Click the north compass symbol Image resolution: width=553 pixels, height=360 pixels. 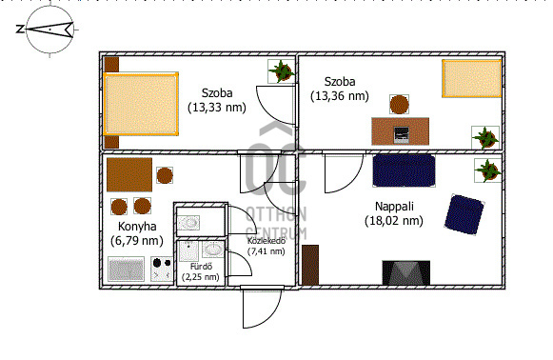[49, 30]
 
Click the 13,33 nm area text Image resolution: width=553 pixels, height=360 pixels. [217, 107]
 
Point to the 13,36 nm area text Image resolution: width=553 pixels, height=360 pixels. [339, 95]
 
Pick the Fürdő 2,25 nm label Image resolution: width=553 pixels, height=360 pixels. [201, 271]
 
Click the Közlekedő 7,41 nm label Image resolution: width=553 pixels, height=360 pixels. [267, 246]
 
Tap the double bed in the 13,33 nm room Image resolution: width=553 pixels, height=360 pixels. [141, 104]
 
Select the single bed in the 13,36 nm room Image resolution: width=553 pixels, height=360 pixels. [471, 78]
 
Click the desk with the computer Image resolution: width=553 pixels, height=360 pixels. [401, 131]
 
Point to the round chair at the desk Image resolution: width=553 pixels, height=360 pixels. [399, 104]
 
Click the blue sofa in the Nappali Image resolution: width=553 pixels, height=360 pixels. [404, 170]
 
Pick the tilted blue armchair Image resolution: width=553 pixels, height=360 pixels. [464, 214]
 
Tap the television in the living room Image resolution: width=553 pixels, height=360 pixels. [405, 272]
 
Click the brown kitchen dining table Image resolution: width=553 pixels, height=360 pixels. [129, 174]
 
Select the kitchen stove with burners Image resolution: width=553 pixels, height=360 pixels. [162, 269]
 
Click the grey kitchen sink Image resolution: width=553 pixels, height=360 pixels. [126, 269]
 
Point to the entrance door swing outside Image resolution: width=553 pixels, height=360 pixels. [262, 307]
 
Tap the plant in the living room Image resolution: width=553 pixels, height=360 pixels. [487, 170]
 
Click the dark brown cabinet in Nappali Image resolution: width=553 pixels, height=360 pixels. [310, 265]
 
